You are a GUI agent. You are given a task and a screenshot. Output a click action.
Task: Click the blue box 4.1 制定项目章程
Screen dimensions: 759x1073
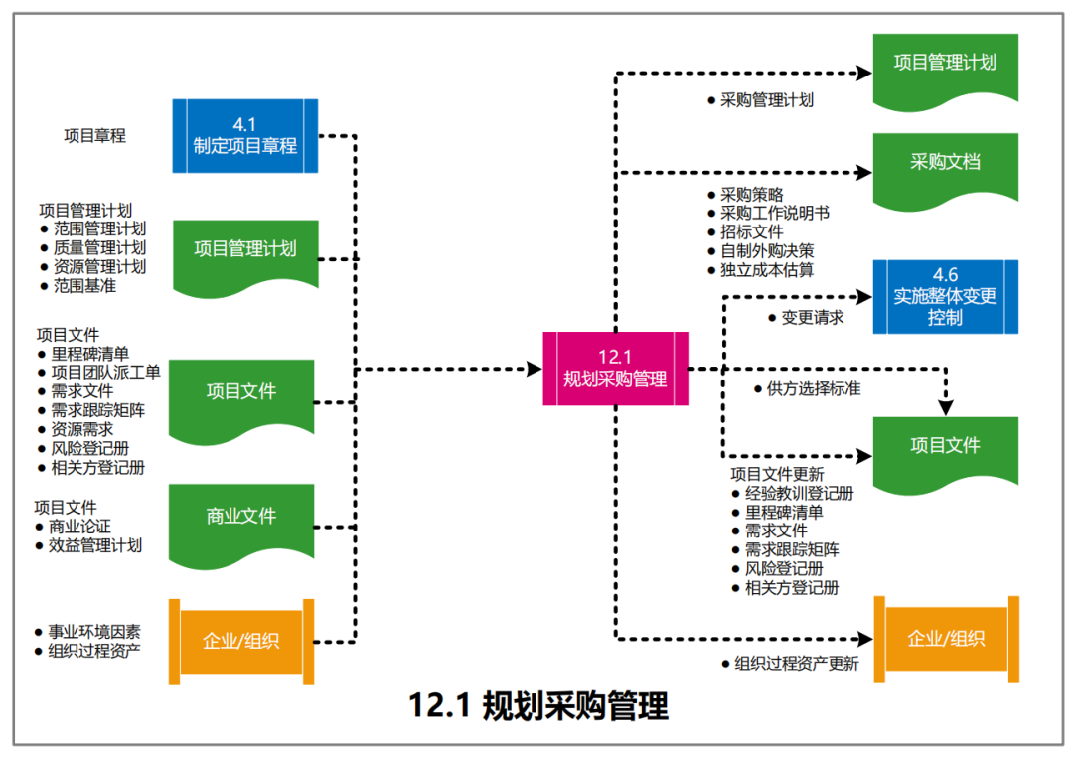point(244,135)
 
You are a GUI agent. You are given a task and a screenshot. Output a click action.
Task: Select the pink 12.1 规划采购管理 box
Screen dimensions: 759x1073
point(615,369)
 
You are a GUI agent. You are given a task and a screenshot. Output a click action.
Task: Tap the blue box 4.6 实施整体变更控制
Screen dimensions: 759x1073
point(945,297)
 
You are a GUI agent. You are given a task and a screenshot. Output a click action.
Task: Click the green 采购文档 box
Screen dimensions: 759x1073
point(945,162)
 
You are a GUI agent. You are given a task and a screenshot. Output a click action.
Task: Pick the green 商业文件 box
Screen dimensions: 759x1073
point(241,517)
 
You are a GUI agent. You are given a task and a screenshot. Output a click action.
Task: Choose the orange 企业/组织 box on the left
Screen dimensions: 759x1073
point(241,641)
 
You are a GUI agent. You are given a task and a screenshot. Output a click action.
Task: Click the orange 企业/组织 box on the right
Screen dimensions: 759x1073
point(946,639)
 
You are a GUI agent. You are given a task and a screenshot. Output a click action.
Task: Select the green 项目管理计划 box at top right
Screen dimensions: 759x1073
point(945,64)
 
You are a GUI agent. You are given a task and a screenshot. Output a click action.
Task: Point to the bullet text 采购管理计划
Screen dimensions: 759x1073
point(767,100)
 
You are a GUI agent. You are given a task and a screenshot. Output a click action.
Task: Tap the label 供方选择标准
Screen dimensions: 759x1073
point(813,388)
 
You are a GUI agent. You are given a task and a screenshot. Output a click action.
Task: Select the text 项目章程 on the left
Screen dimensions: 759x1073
point(94,136)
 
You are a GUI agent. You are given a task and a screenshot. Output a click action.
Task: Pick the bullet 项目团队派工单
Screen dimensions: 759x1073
point(105,372)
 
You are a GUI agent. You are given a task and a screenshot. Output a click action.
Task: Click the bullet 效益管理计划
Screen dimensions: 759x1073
point(95,545)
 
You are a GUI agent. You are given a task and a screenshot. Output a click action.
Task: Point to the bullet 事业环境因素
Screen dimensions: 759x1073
point(94,632)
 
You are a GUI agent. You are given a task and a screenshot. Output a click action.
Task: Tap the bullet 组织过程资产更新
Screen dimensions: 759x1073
point(796,664)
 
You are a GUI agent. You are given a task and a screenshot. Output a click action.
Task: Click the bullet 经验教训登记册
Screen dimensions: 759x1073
point(799,493)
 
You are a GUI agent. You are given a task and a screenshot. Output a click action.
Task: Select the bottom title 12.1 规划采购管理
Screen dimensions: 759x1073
point(537,706)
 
